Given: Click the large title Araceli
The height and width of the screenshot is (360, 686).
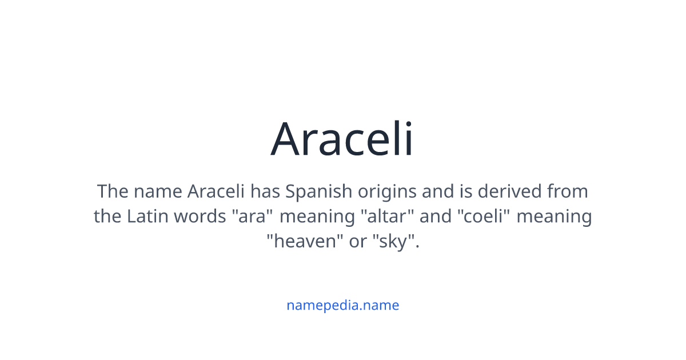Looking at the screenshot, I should (x=342, y=139).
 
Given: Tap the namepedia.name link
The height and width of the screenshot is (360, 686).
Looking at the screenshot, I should (x=342, y=305).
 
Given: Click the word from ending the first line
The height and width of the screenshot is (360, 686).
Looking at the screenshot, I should (x=567, y=191).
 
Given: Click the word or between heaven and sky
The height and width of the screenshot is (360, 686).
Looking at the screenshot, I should (x=358, y=242).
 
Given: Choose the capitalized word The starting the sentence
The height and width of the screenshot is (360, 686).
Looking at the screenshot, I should (x=112, y=191).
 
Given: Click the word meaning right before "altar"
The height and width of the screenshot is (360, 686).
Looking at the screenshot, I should (x=317, y=217).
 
